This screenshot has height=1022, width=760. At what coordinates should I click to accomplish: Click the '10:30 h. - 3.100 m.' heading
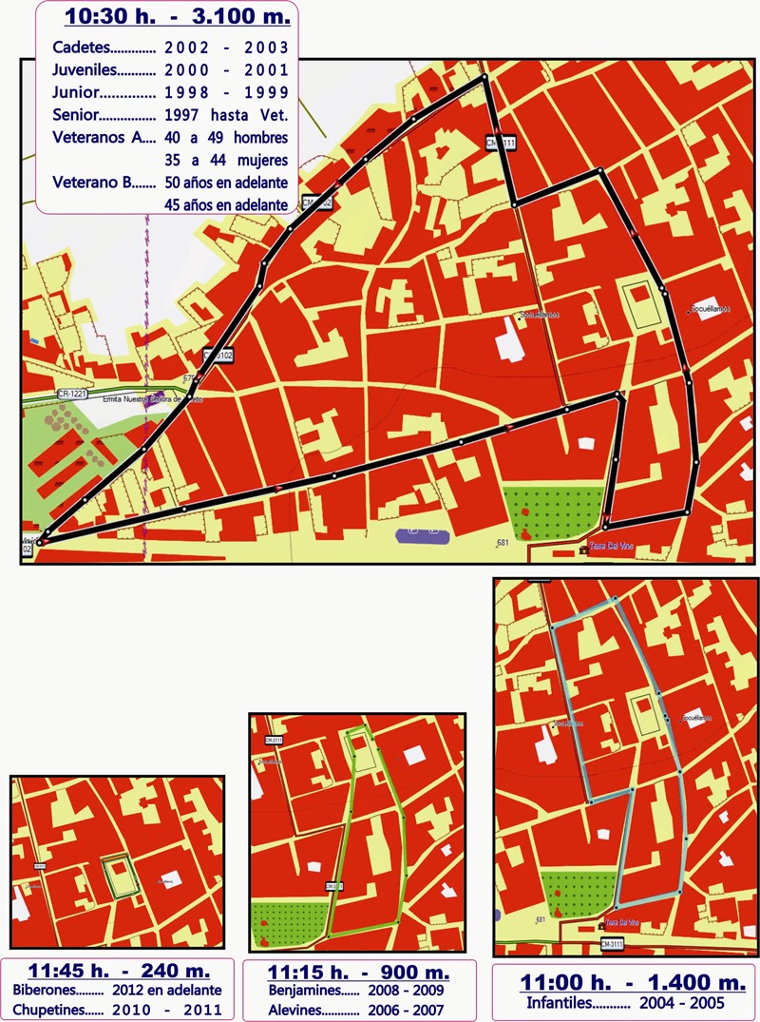coord(179,16)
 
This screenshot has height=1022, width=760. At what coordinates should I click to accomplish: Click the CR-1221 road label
coord(70,393)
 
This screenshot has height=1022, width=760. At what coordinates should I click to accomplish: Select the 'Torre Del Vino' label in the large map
coord(610,550)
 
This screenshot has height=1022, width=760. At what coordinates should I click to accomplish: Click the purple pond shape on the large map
coord(422,535)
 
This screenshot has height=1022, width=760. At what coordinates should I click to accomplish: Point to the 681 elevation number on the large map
coord(503,543)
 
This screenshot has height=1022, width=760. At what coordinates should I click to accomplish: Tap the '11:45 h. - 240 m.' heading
coord(119,973)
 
